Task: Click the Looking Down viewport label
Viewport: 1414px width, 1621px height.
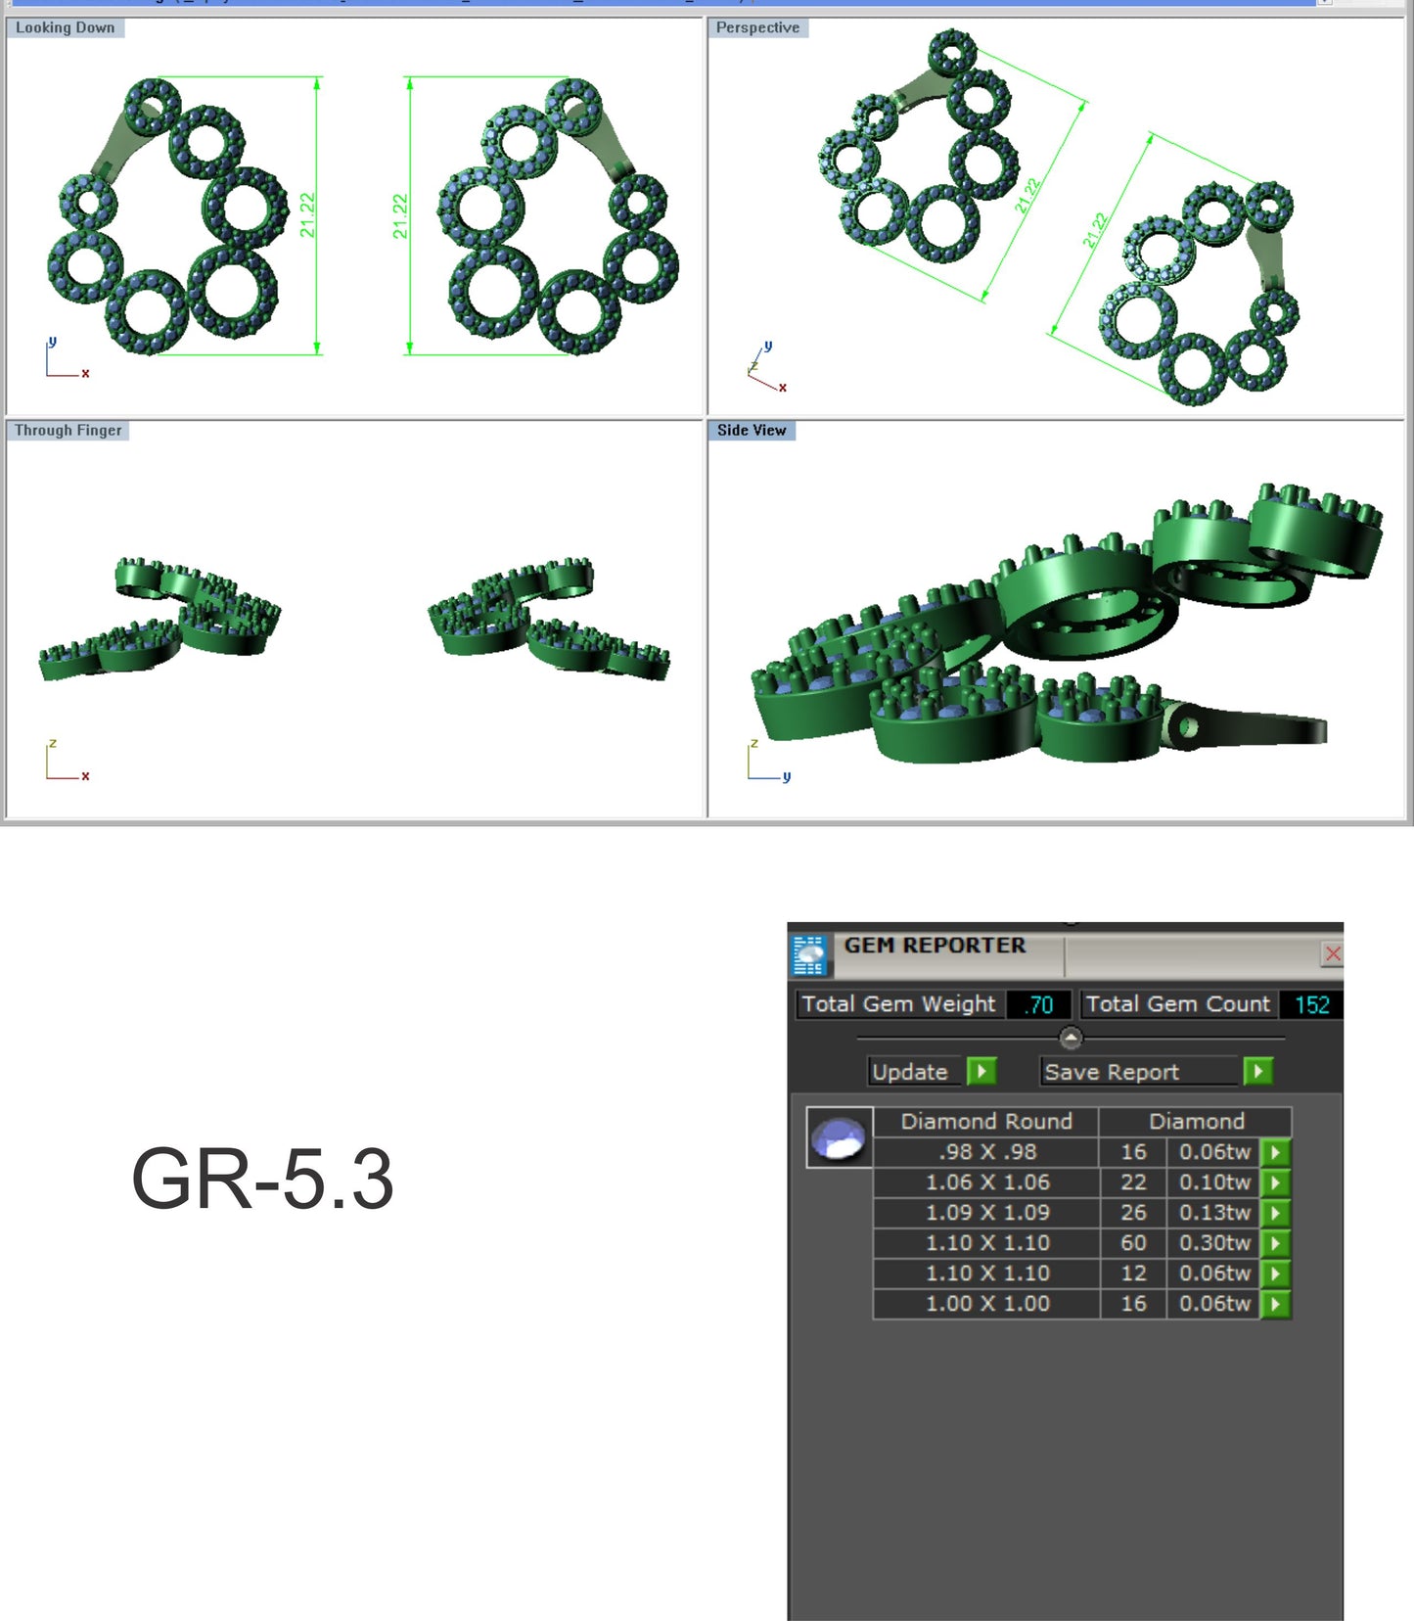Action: pos(66,27)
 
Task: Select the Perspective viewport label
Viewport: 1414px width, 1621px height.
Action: pos(757,27)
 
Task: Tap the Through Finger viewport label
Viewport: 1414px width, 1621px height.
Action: pos(68,430)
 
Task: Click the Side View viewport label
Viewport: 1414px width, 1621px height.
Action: pos(751,430)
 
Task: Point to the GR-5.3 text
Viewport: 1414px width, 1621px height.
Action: pos(262,1179)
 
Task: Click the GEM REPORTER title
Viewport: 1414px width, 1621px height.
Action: pos(935,946)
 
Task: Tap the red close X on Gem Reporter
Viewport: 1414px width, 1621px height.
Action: pos(1332,953)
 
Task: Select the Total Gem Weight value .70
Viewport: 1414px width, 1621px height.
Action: pos(1038,1004)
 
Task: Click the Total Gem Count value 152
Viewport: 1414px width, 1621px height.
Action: pos(1311,1004)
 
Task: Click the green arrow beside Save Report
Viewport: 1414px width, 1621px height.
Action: pos(1258,1072)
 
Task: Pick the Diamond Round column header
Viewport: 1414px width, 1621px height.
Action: pos(986,1121)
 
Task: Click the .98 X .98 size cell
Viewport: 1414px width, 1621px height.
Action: pos(986,1152)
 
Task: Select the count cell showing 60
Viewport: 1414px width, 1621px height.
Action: pos(1133,1243)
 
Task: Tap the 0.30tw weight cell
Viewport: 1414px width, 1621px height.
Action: pos(1214,1243)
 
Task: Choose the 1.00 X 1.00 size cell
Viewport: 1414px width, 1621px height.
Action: pos(986,1304)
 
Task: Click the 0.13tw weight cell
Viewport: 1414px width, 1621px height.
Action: pos(1214,1213)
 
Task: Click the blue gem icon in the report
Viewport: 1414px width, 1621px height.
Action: pos(840,1138)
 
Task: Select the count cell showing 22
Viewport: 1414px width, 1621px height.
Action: pos(1133,1182)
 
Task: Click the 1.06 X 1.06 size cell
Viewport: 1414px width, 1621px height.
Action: pos(986,1182)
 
